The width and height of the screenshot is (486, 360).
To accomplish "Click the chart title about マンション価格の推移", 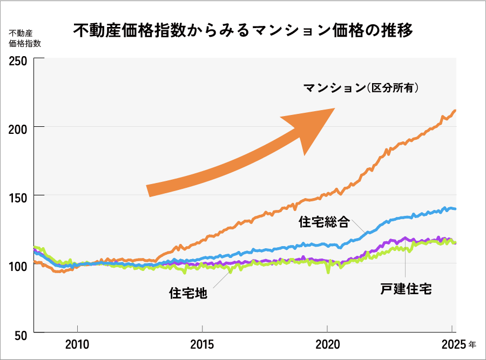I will tap(243, 31).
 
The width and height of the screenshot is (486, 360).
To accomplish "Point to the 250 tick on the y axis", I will tap(18, 59).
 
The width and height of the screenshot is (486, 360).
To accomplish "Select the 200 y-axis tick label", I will tap(18, 127).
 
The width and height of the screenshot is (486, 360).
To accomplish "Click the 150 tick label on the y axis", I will tap(18, 195).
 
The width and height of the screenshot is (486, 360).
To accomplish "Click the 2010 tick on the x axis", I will tap(77, 344).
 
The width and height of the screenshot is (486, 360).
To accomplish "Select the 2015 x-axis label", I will tap(202, 344).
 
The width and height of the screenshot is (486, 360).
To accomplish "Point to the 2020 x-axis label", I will tap(327, 344).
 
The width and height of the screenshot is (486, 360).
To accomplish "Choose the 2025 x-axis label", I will tap(451, 344).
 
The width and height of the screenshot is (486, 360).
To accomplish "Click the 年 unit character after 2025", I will tap(473, 344).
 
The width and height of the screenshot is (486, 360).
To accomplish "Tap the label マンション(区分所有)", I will tap(361, 88).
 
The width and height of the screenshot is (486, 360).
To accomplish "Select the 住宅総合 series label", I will tap(324, 222).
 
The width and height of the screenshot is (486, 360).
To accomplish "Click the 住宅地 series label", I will tap(187, 294).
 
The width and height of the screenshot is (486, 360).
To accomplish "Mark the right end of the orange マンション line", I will tap(455, 111).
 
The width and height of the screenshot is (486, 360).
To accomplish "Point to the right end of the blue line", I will tap(455, 209).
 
